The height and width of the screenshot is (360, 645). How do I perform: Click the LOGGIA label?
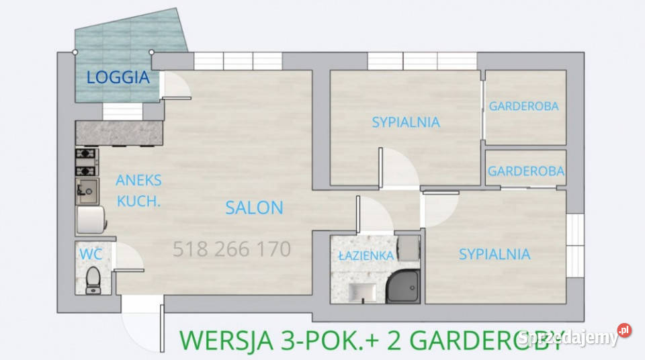tap(118, 77)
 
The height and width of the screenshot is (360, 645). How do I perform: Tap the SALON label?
tap(254, 208)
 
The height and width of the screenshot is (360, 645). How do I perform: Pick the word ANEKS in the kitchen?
tap(138, 180)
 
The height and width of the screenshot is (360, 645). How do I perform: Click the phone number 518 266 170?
tap(232, 250)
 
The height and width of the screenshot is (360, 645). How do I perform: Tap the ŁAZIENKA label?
tap(365, 255)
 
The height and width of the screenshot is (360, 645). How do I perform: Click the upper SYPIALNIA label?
tap(406, 122)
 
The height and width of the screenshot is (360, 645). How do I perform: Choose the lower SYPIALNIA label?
tap(494, 254)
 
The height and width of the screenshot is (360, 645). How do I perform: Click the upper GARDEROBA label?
tap(524, 106)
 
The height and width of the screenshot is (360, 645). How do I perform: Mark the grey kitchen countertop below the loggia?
tap(119, 133)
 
